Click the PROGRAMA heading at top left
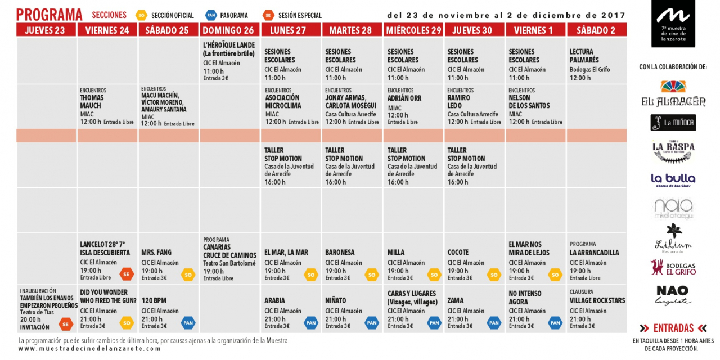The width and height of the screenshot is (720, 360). pos(49,15)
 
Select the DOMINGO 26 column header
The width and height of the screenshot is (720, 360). pos(228,30)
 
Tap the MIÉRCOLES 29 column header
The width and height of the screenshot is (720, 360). pos(413,30)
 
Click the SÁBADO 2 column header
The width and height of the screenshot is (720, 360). pos(596,30)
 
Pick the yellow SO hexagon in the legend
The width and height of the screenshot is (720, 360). pos(142,16)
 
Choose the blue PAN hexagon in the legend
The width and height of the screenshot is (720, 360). pos(211,16)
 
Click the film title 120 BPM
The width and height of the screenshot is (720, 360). pos(154,300)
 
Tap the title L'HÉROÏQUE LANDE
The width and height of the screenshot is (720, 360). pos(229,45)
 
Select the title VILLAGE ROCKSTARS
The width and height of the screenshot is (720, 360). pos(597,300)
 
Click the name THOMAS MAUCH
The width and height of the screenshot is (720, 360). pos(92,101)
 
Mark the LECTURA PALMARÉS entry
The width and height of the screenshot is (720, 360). pos(584,56)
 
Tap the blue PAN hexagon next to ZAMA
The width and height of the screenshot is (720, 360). pos(494,323)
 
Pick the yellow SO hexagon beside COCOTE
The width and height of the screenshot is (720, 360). pos(494,274)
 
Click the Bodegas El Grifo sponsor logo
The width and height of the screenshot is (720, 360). pos(673,268)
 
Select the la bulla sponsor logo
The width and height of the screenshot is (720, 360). pos(673,179)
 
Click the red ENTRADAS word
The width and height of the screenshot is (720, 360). pos(673,328)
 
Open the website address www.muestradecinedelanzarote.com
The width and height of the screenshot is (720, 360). pos(90,349)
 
